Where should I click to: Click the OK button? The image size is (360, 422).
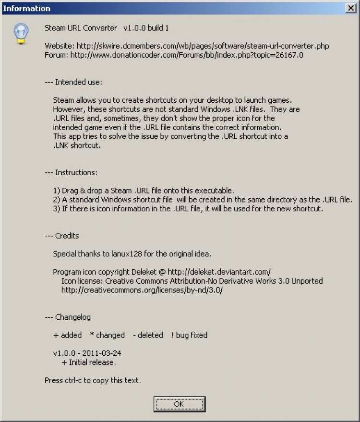point(179,404)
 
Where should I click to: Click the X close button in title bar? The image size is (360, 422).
point(350,8)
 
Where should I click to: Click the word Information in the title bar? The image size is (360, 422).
point(26,8)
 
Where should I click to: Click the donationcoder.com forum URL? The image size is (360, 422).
point(187,55)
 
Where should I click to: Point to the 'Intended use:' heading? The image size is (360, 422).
point(78,82)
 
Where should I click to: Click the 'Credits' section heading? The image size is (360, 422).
point(67,236)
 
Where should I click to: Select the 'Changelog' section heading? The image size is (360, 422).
point(72,317)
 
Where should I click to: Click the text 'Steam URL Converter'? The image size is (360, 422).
point(81,28)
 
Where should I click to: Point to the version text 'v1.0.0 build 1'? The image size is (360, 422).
point(146,28)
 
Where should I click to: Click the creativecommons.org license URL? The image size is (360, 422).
point(142,290)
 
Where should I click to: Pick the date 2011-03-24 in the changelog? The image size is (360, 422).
point(101,353)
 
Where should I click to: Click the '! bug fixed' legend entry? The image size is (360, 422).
point(190,335)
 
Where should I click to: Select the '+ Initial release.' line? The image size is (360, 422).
point(89,362)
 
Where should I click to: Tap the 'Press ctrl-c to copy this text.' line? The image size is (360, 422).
point(93,381)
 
